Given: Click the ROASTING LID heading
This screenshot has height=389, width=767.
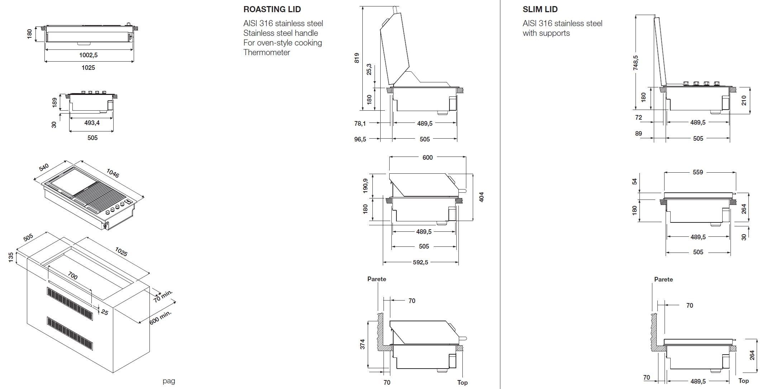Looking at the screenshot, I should point(272,9).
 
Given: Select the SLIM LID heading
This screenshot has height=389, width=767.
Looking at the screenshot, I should point(540,9).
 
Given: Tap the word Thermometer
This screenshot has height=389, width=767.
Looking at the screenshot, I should point(266,52).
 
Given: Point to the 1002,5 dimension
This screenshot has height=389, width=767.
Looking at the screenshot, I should point(88,55).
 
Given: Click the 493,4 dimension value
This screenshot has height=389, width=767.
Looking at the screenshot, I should point(92,123).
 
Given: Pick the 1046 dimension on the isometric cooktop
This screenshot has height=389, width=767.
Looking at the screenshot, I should point(113,173).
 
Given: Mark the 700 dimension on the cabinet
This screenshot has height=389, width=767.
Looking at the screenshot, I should point(72,276).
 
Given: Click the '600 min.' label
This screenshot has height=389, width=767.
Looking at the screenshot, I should point(161,317).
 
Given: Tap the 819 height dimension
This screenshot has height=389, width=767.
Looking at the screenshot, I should point(357,58).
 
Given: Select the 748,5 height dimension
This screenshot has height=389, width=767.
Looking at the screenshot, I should point(636,62).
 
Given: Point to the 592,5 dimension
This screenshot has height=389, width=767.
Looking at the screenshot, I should point(420,262).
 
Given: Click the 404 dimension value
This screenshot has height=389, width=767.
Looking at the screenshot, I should point(481,197).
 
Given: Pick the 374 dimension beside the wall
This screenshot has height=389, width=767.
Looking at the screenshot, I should point(362,344).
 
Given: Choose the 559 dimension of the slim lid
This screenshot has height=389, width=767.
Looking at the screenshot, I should point(697,172).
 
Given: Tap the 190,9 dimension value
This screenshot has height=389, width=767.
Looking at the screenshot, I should point(365,186).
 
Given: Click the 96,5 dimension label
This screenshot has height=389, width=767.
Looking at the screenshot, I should point(360,139).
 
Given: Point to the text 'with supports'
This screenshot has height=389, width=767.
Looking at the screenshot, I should point(546,33).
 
